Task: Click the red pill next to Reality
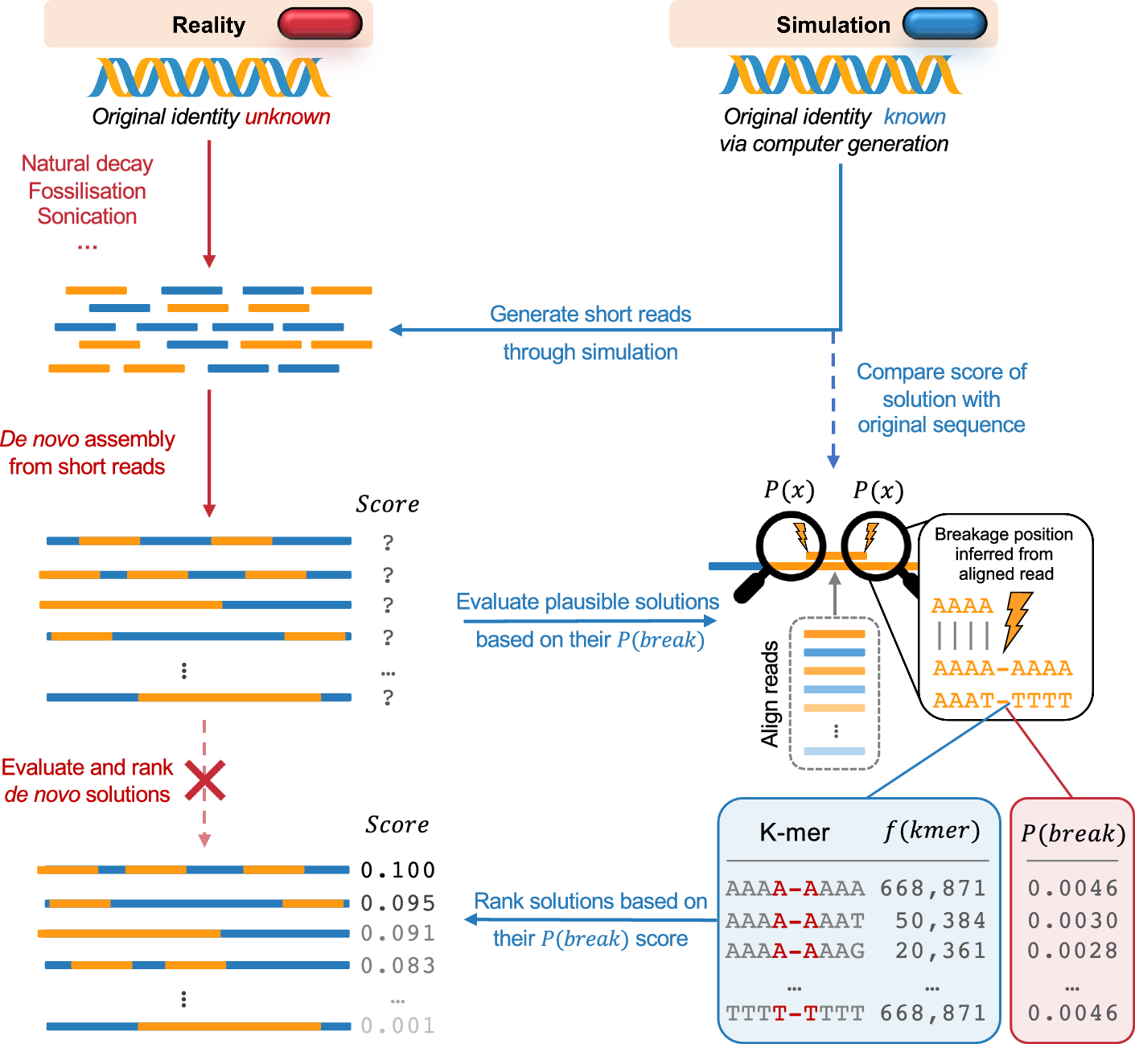[319, 24]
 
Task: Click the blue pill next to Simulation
[944, 24]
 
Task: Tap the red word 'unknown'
[287, 117]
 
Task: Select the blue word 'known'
[915, 117]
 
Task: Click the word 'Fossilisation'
[87, 191]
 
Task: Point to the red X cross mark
[205, 780]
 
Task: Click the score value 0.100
[397, 870]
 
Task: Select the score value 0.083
[397, 965]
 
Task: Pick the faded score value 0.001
[397, 1026]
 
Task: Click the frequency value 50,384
[940, 920]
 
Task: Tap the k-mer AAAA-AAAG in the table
[795, 951]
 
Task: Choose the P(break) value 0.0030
[1072, 920]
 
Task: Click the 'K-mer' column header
[794, 832]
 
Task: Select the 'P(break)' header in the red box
[1072, 833]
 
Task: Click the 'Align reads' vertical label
[770, 693]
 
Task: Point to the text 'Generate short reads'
[590, 314]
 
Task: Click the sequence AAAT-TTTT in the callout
[1002, 701]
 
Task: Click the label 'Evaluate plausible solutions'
[587, 602]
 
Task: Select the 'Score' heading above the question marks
[388, 504]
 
